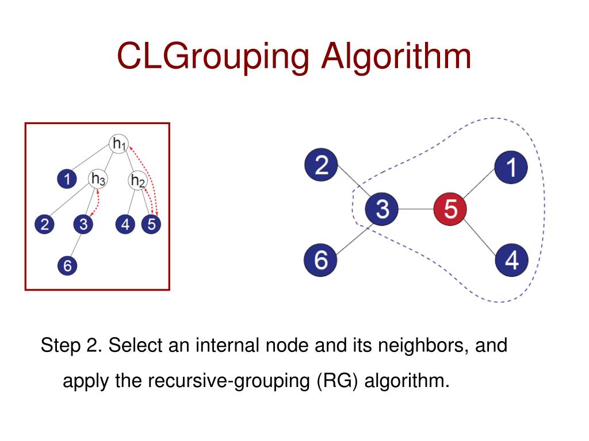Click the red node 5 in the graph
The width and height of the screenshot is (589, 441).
point(450,210)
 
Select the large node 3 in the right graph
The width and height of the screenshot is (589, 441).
point(383,210)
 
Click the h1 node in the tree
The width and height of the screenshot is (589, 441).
point(118,144)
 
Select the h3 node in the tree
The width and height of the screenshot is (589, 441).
point(98,179)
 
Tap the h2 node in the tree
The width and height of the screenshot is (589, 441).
point(137,181)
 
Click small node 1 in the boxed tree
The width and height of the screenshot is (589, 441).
point(67,179)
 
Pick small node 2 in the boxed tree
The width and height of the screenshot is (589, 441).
point(44,225)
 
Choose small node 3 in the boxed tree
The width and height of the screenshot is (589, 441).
point(83,225)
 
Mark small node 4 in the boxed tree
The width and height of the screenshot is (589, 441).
point(125,225)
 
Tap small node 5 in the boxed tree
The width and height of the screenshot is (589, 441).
point(151,225)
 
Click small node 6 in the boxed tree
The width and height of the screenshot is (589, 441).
point(67,265)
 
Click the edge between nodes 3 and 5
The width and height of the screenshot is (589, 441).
point(416,210)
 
